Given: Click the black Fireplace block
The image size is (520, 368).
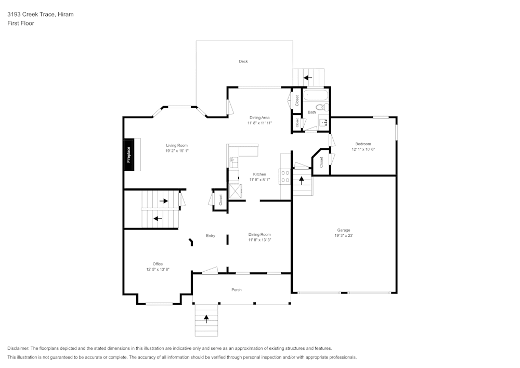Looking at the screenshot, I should pyautogui.click(x=129, y=155).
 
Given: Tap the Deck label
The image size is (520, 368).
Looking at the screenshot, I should pyautogui.click(x=243, y=61).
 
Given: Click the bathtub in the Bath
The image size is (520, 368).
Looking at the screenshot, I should pyautogui.click(x=316, y=96).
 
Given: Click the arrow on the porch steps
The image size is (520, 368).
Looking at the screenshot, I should pyautogui.click(x=206, y=319).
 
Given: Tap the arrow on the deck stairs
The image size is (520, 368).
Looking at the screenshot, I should pyautogui.click(x=307, y=78).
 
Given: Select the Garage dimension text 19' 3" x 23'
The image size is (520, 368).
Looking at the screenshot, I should pyautogui.click(x=344, y=236).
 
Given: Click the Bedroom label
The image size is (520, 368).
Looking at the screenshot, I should pyautogui.click(x=363, y=144).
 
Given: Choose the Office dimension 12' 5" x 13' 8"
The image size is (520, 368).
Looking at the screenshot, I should pyautogui.click(x=158, y=270).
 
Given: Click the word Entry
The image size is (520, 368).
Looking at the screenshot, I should pyautogui.click(x=210, y=236).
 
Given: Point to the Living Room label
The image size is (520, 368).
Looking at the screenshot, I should pyautogui.click(x=177, y=145).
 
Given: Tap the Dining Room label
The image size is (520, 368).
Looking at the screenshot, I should pyautogui.click(x=259, y=234).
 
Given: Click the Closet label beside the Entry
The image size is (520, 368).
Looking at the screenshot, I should pyautogui.click(x=220, y=200).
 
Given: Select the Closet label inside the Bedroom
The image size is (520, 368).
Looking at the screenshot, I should pyautogui.click(x=321, y=162).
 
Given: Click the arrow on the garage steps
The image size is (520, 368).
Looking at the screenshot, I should pyautogui.click(x=302, y=181).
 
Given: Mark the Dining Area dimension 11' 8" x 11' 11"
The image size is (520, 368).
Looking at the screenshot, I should pyautogui.click(x=259, y=123).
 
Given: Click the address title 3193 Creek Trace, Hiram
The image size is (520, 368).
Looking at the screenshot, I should pyautogui.click(x=40, y=15).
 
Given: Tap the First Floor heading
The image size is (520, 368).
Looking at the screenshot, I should pyautogui.click(x=21, y=23).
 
